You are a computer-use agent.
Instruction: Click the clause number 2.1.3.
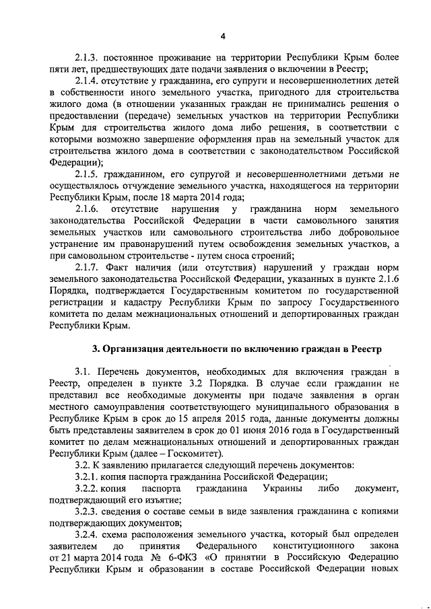pyautogui.click(x=88, y=58)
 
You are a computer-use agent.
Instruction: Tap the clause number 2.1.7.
pyautogui.click(x=88, y=267)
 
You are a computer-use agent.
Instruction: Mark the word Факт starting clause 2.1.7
pyautogui.click(x=125, y=267)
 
